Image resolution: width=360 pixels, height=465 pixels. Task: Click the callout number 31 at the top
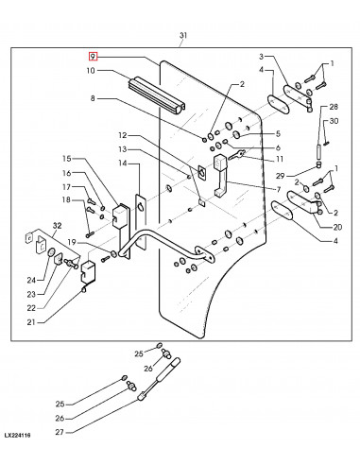(x=182, y=38)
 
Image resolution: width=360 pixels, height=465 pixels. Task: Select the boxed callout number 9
(x=92, y=58)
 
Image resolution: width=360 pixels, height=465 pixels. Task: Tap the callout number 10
(x=92, y=71)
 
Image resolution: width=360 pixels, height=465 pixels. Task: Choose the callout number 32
(x=58, y=227)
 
